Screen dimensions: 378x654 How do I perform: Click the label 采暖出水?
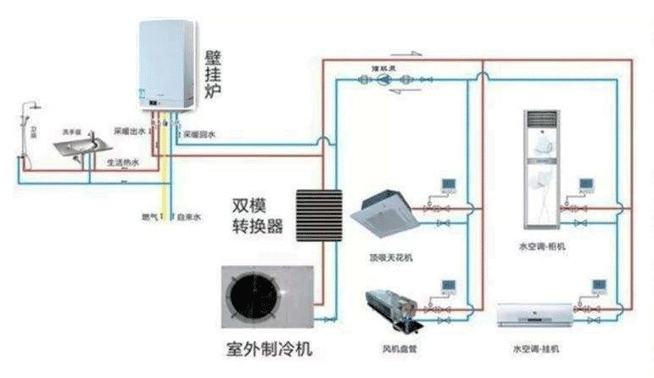pos(129,133)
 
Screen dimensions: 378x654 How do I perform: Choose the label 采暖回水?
pos(199,134)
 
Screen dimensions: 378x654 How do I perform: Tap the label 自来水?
pos(188,217)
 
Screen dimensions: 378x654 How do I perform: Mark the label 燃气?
pos(149,217)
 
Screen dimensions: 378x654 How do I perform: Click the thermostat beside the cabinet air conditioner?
pos(585,184)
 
